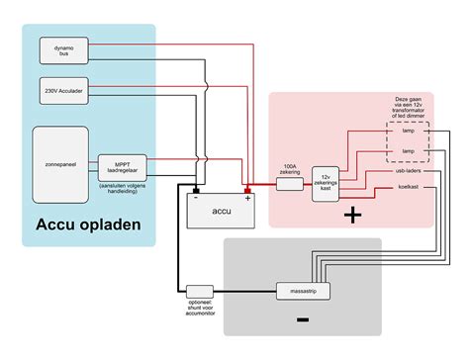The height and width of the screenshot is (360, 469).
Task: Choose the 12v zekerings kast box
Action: [x=328, y=184]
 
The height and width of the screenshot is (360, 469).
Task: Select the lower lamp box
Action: [x=408, y=150]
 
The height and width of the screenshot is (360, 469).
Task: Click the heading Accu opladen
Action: [x=88, y=225]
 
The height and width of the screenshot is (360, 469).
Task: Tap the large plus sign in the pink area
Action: [x=352, y=214]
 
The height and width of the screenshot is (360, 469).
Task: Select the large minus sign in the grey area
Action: [x=302, y=318]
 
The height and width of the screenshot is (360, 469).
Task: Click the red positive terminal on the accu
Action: [x=247, y=188]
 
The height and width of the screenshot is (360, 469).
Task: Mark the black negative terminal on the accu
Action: [x=196, y=188]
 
